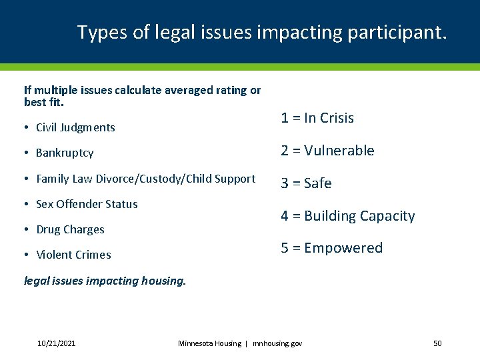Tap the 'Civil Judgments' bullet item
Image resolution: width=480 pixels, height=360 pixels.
(x=75, y=127)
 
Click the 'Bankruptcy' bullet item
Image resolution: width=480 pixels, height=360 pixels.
(x=65, y=153)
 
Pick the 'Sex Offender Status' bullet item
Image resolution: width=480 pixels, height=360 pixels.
(x=87, y=204)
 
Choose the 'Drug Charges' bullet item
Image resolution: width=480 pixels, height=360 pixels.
(x=70, y=229)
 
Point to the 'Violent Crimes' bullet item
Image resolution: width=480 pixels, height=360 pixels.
(x=73, y=255)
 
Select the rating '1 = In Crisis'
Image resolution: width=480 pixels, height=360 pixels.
(x=317, y=118)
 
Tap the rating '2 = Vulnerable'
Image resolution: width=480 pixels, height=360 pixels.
(x=327, y=151)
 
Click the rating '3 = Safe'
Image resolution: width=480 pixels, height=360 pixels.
(x=306, y=183)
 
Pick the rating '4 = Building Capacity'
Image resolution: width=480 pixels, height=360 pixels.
(x=347, y=216)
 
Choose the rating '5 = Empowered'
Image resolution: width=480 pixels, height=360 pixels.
(x=331, y=248)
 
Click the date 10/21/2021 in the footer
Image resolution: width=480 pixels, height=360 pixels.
(x=56, y=343)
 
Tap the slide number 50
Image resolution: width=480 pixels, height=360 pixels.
(x=437, y=343)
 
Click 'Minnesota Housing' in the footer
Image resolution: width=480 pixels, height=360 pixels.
(x=209, y=343)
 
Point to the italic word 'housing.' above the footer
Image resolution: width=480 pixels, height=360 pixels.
(x=164, y=281)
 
